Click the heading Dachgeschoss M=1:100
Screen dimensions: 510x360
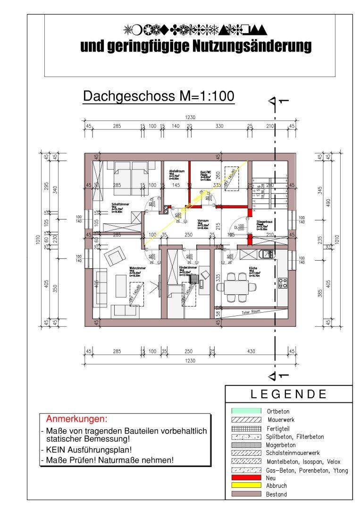(x=159, y=96)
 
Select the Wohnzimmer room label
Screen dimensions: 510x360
(x=137, y=268)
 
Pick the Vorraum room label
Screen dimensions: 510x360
(x=203, y=221)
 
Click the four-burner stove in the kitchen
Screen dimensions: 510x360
(x=283, y=283)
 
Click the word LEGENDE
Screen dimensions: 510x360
(x=289, y=394)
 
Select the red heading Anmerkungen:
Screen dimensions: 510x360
(x=76, y=419)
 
